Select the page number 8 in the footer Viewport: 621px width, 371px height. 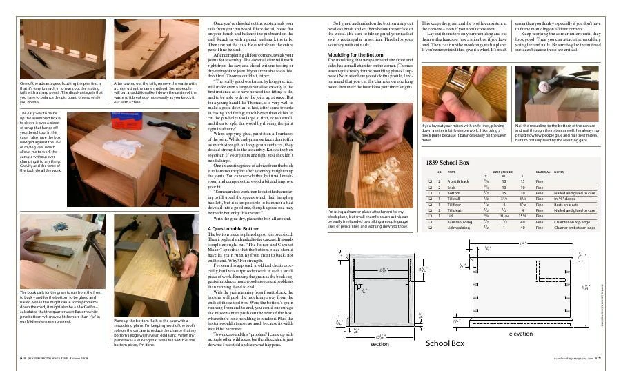pyautogui.click(x=21, y=358)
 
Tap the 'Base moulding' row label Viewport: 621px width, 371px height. pyautogui.click(x=457, y=221)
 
